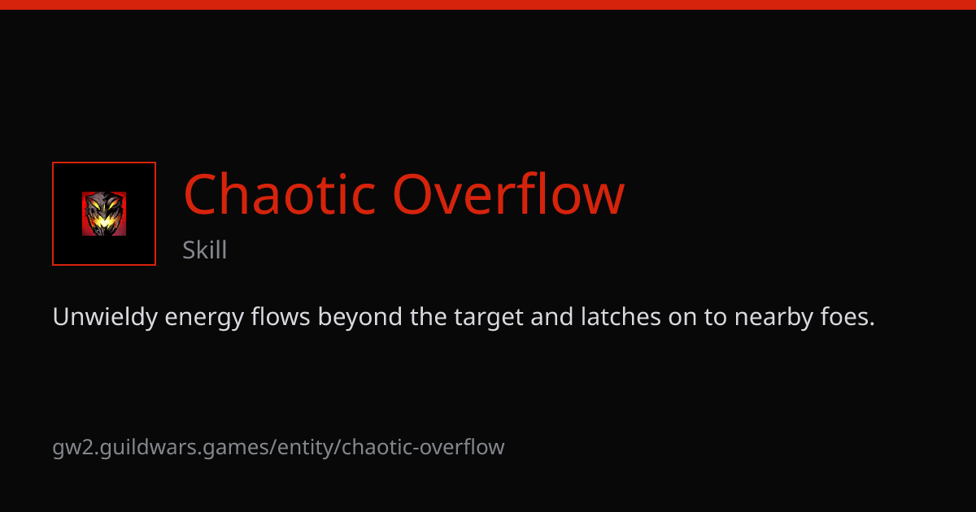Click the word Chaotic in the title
tap(279, 193)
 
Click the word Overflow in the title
tap(508, 193)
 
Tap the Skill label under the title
tap(204, 250)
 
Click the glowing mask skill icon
tap(104, 214)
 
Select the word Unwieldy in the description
tap(105, 318)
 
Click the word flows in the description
tap(280, 316)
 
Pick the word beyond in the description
tap(359, 318)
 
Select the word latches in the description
tap(621, 316)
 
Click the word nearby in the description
tap(773, 318)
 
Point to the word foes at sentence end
tap(847, 316)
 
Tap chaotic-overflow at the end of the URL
tap(423, 447)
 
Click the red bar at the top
tap(488, 4)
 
